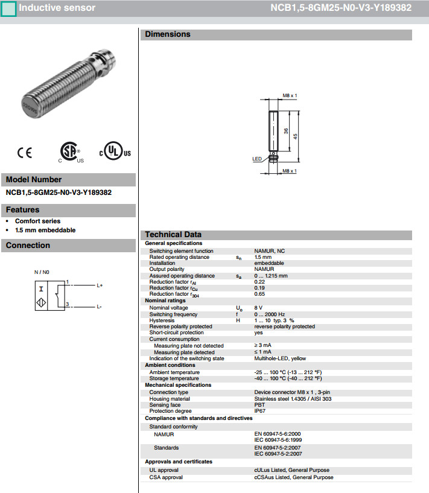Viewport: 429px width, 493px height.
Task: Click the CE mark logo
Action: [x=25, y=153]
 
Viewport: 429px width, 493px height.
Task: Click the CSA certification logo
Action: [x=70, y=152]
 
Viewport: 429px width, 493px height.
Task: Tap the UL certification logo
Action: [x=114, y=152]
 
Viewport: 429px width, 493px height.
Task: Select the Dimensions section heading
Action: [x=167, y=34]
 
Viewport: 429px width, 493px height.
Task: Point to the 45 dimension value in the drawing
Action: [x=295, y=136]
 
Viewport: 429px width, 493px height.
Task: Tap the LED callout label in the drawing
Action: [x=256, y=159]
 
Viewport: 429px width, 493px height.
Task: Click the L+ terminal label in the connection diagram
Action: [x=100, y=285]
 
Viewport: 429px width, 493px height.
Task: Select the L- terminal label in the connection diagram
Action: [x=99, y=307]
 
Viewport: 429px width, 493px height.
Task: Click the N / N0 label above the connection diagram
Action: [x=42, y=272]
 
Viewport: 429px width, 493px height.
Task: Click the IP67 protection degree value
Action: [x=259, y=411]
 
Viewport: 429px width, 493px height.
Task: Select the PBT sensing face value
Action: [x=259, y=405]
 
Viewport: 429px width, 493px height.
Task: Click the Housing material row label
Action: [x=170, y=399]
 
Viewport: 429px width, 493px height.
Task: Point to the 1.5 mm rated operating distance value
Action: [x=263, y=257]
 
